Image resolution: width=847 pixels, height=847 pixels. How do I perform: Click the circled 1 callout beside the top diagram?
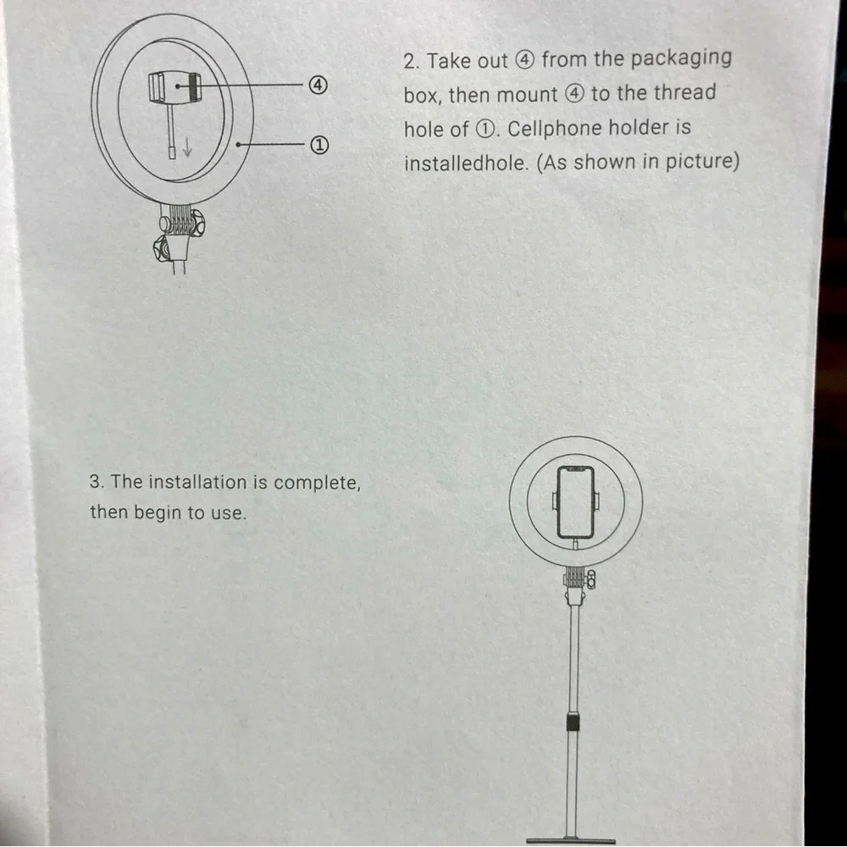click(x=318, y=146)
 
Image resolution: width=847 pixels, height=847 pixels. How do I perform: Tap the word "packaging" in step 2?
click(x=680, y=58)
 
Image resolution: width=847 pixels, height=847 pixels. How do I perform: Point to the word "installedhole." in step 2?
click(x=465, y=163)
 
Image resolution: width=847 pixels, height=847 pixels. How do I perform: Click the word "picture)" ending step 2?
click(x=702, y=161)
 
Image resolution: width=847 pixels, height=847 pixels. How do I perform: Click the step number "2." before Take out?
click(x=412, y=62)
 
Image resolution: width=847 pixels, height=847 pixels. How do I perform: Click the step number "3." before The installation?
click(x=97, y=482)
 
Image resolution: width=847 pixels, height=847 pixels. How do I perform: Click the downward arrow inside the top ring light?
click(x=187, y=146)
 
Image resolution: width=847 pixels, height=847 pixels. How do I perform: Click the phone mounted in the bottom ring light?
click(x=576, y=503)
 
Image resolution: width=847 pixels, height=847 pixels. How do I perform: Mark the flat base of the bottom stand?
click(x=570, y=840)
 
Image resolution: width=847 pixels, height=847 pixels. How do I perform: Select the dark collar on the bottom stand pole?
click(x=573, y=722)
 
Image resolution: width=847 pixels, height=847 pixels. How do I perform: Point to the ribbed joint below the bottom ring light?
click(x=576, y=578)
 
